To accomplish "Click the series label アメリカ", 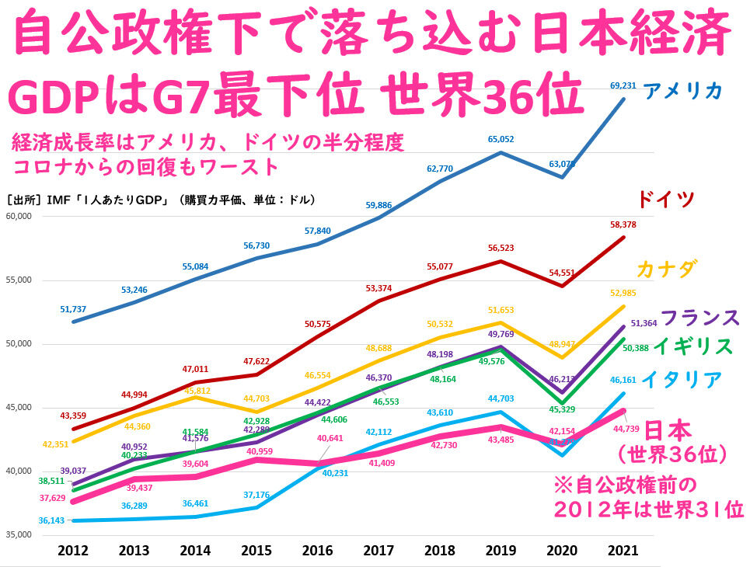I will coord(683,92).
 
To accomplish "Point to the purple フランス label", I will coord(699,318).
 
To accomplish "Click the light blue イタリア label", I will coord(682,381).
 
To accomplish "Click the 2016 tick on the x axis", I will coord(316,550).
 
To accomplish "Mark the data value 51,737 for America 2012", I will coord(73,309).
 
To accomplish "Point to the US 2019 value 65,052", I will coord(501,140).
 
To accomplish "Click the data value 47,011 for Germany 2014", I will coord(196,370).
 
